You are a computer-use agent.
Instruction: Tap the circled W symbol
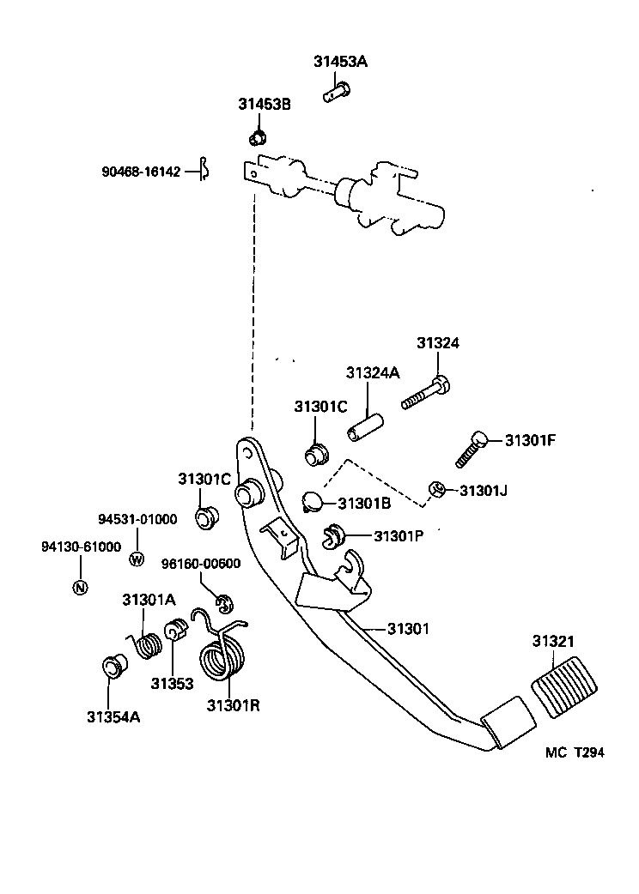(136, 559)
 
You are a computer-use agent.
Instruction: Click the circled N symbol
(80, 588)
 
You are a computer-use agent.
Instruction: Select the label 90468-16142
(141, 172)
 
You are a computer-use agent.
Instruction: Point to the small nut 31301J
(436, 491)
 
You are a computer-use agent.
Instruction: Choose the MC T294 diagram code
(575, 752)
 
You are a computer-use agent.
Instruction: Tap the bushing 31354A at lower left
(113, 665)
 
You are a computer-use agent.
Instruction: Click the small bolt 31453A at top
(335, 91)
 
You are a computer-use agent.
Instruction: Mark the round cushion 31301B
(313, 500)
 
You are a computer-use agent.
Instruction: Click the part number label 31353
(172, 684)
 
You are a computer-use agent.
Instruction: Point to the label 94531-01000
(137, 519)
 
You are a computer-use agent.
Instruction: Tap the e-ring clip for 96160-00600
(223, 604)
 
